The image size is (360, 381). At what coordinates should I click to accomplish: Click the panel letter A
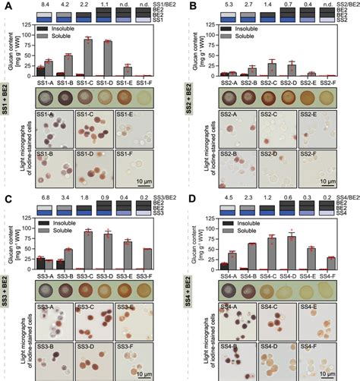coord(5,6)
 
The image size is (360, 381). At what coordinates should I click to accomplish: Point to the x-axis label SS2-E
coord(308,82)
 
